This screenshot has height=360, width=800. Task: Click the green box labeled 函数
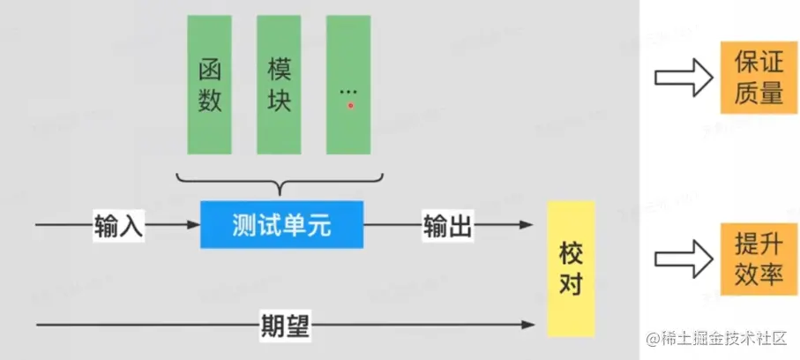pyautogui.click(x=209, y=84)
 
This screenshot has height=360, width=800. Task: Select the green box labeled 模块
pyautogui.click(x=279, y=84)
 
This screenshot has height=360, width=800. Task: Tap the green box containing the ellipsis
pyautogui.click(x=348, y=84)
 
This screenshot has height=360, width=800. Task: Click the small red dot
pyautogui.click(x=350, y=105)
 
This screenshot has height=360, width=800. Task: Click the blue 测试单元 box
pyautogui.click(x=281, y=225)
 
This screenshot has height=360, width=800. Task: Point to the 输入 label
pyautogui.click(x=117, y=225)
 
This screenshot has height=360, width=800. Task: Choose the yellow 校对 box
pyautogui.click(x=571, y=268)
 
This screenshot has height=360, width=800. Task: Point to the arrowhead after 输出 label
pyautogui.click(x=531, y=225)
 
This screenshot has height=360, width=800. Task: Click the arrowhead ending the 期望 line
pyautogui.click(x=531, y=324)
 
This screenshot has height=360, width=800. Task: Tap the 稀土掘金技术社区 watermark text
pyautogui.click(x=721, y=339)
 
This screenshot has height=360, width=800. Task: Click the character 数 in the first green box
pyautogui.click(x=209, y=101)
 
